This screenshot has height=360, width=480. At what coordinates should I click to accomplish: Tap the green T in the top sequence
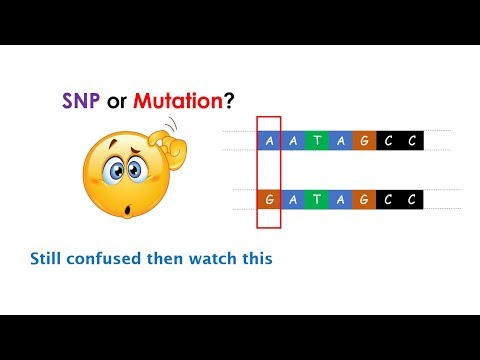[x=318, y=141]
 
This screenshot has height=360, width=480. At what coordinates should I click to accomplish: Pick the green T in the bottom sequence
[x=318, y=199]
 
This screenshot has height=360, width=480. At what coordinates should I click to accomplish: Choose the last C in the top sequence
[x=411, y=141]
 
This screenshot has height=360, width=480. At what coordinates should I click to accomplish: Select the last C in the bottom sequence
[x=411, y=199]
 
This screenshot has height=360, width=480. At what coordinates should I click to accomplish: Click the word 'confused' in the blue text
[x=115, y=259]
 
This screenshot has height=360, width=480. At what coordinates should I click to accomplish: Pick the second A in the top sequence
[x=294, y=141]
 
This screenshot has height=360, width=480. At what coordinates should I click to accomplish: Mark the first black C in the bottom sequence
[x=388, y=199]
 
